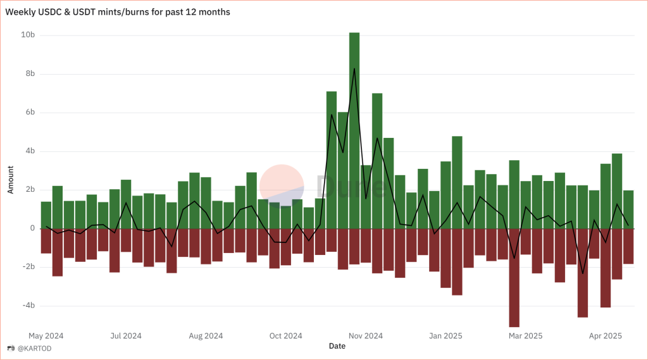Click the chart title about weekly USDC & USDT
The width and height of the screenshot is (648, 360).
[x=118, y=12]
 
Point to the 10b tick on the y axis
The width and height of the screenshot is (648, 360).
[x=28, y=35]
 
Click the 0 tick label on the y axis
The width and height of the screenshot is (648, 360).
[x=32, y=228]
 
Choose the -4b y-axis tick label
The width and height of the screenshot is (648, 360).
[x=28, y=306]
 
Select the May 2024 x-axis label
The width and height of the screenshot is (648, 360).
[x=46, y=335]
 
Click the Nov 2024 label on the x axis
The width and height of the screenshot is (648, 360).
[x=365, y=335]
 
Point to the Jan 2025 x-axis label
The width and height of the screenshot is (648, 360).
[x=445, y=335]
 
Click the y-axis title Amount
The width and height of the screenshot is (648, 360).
[x=11, y=181]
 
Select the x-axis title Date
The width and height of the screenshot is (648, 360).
[x=337, y=346]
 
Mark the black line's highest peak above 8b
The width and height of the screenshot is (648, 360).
[x=354, y=68]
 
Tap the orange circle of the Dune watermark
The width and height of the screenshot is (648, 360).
[x=282, y=187]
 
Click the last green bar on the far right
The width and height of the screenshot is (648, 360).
[x=628, y=209]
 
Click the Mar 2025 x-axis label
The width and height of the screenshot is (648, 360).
[x=525, y=335]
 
